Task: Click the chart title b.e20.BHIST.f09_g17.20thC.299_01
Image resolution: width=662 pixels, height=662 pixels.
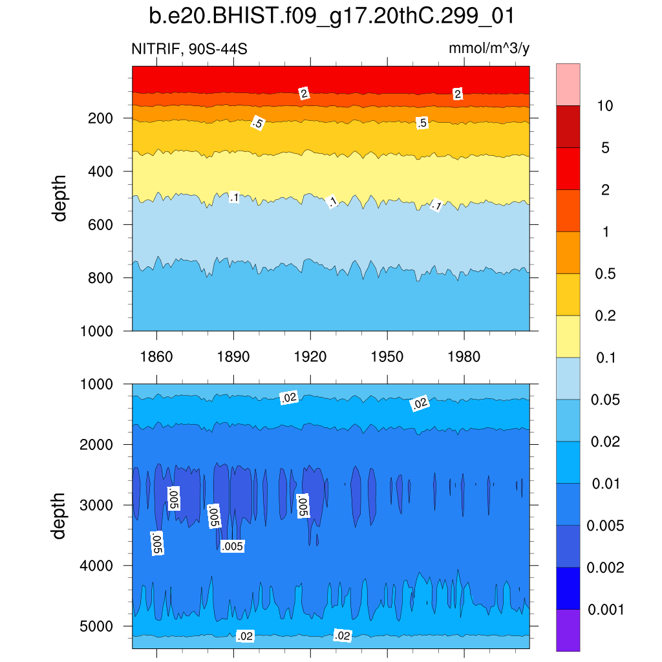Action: (330, 16)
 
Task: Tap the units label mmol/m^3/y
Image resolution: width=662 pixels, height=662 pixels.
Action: (489, 48)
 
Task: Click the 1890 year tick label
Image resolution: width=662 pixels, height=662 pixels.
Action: (233, 356)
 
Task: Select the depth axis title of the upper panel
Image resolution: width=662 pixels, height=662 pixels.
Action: (60, 198)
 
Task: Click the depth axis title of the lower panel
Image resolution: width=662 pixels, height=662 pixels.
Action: (60, 515)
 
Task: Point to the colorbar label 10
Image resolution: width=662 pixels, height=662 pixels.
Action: (605, 106)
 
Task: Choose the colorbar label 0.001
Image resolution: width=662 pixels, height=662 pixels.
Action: (606, 610)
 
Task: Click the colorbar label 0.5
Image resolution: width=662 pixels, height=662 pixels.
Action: (605, 274)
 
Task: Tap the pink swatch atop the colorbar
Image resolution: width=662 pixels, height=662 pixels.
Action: (568, 84)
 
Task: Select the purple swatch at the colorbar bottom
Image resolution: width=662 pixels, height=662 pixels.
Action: (568, 630)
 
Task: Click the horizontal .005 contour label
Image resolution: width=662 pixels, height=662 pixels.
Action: (232, 547)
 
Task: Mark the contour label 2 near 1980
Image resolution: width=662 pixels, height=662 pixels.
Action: (458, 94)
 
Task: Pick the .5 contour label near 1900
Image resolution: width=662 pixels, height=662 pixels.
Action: (257, 123)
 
